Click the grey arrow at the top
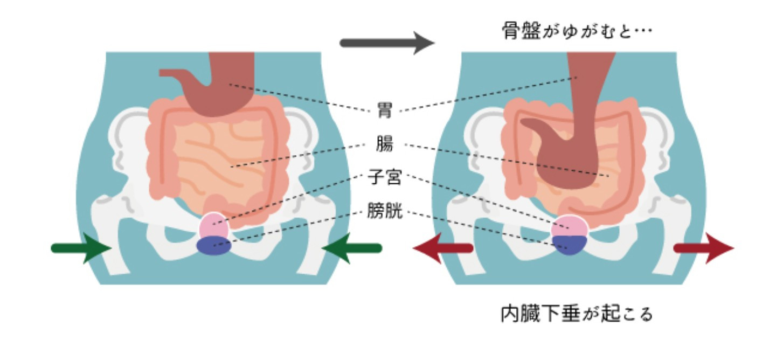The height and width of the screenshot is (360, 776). pyautogui.click(x=387, y=43)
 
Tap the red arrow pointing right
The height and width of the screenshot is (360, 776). pyautogui.click(x=703, y=248)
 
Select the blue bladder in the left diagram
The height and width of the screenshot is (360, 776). pyautogui.click(x=214, y=246)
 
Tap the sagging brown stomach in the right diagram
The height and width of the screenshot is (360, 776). pyautogui.click(x=579, y=151)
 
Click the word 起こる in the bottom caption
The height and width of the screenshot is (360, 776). pyautogui.click(x=625, y=313)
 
